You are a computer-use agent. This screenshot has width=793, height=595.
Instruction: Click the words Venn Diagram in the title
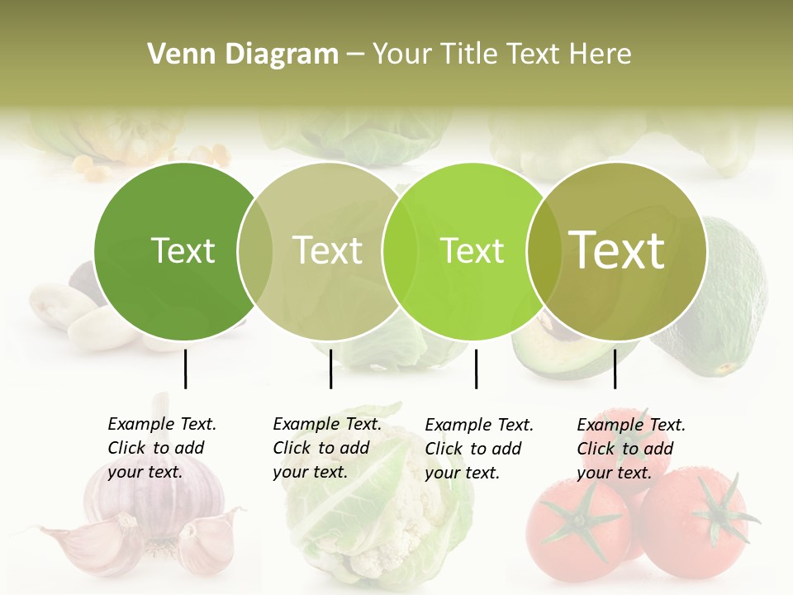243,55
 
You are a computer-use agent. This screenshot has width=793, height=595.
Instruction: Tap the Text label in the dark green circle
183,250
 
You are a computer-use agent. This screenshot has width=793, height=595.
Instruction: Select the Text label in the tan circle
327,250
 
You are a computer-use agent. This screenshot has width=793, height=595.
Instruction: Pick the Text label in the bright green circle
472,250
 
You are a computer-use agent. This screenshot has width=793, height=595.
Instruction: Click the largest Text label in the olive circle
617,250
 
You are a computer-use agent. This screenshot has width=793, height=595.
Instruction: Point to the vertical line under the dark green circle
185,369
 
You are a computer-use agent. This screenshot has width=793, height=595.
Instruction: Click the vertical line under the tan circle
330,369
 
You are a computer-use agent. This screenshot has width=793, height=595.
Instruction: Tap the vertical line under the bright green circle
476,369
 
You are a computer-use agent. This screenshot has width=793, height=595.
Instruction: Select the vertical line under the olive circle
615,369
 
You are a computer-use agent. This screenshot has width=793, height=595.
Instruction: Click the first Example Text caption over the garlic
162,448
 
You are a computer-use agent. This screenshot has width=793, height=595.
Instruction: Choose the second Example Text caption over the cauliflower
327,448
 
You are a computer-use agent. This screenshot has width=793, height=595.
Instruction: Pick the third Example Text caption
479,449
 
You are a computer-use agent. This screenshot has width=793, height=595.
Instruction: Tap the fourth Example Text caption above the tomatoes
631,449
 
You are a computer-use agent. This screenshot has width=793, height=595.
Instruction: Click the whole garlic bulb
157,504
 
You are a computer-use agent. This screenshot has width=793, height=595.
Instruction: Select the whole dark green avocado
723,297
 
